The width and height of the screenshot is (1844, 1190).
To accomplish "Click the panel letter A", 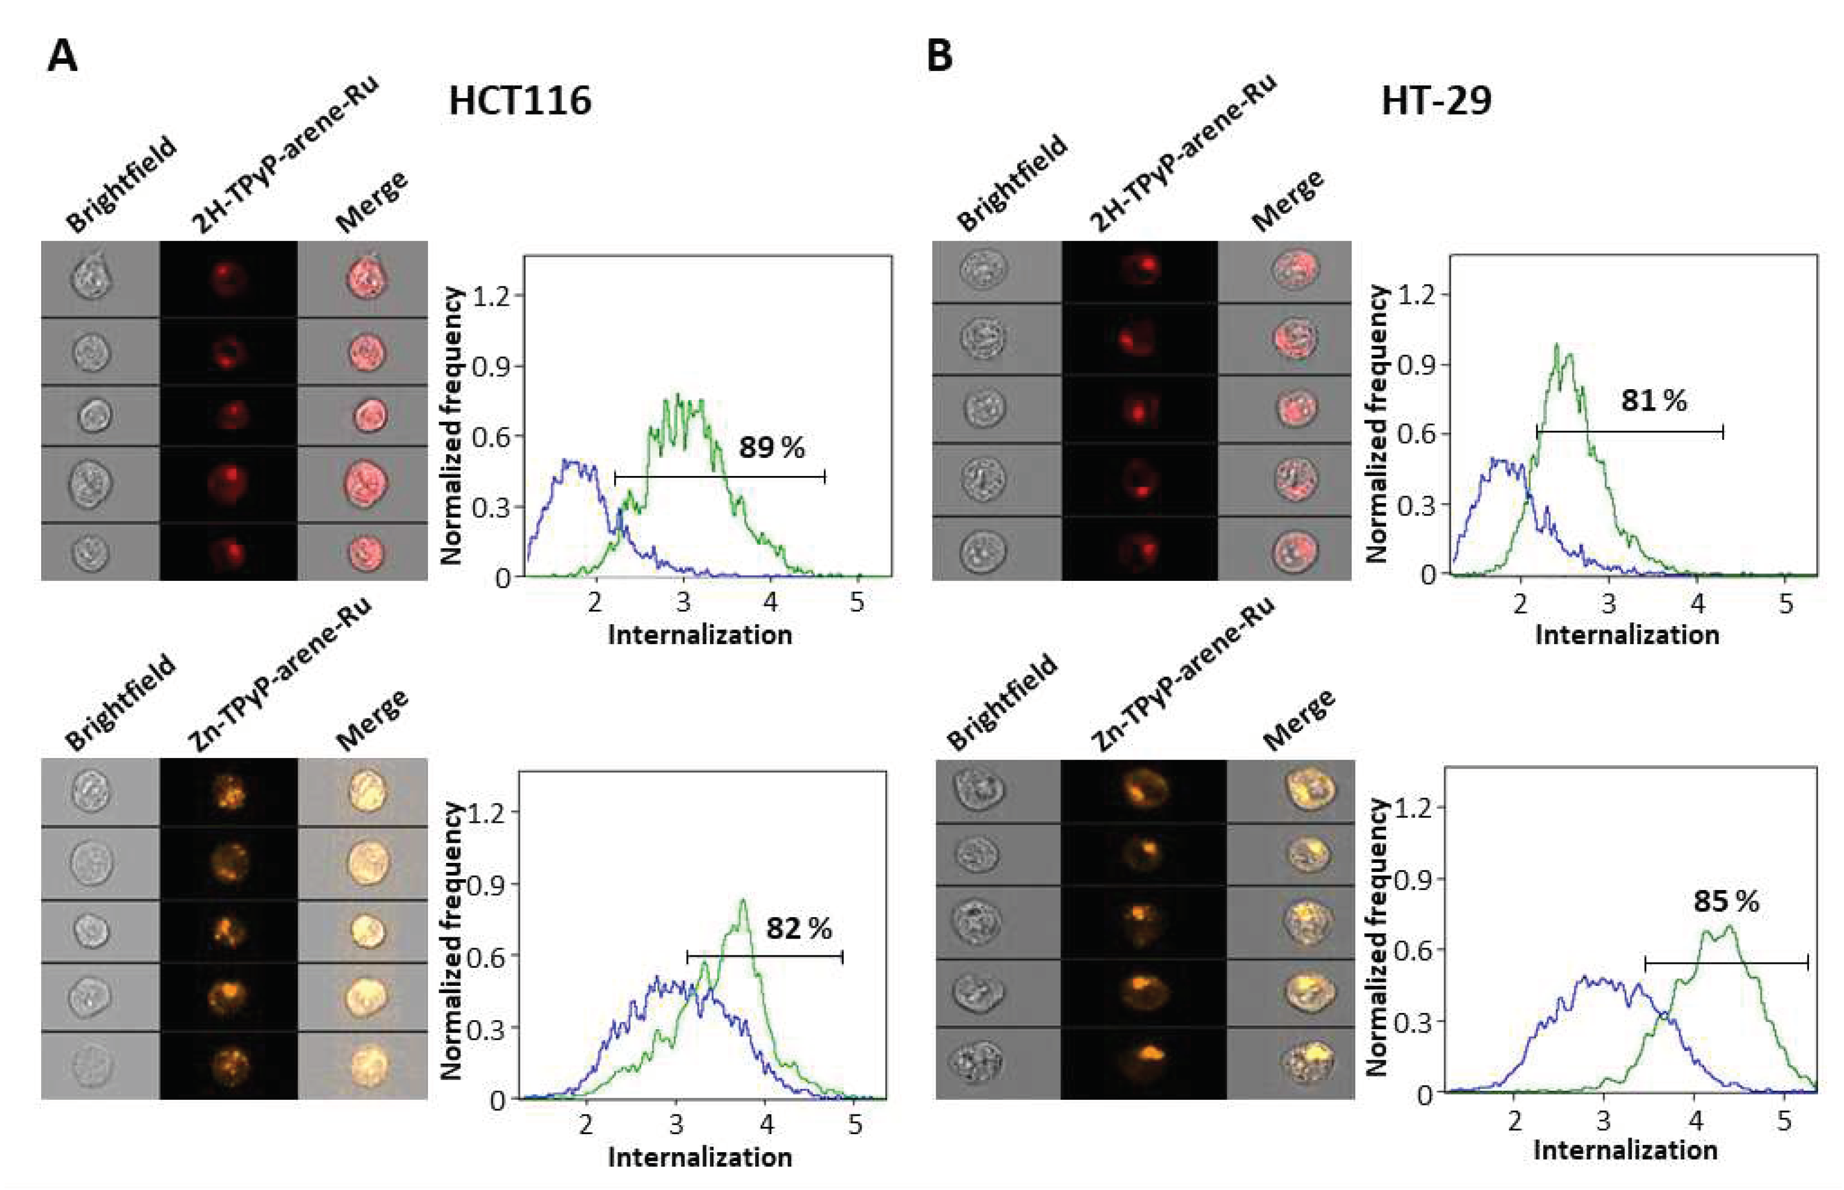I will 62,56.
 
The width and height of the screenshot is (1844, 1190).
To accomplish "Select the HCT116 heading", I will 520,101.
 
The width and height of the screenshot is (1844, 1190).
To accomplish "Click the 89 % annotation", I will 771,447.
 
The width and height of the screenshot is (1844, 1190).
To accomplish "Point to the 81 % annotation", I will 1653,400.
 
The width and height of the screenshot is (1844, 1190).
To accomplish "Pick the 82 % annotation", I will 798,928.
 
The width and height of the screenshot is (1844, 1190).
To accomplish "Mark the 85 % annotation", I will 1726,901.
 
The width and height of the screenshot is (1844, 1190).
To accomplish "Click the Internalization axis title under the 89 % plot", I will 700,635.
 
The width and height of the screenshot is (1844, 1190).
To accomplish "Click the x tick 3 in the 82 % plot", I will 677,1125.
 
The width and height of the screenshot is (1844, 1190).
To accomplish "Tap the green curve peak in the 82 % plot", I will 743,900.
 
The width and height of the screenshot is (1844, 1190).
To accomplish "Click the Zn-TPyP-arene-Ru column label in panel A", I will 280,674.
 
